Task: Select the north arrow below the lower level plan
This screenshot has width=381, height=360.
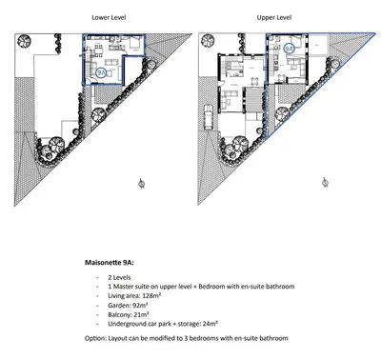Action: (x=141, y=180)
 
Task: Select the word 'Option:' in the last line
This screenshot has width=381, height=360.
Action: (x=87, y=339)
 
